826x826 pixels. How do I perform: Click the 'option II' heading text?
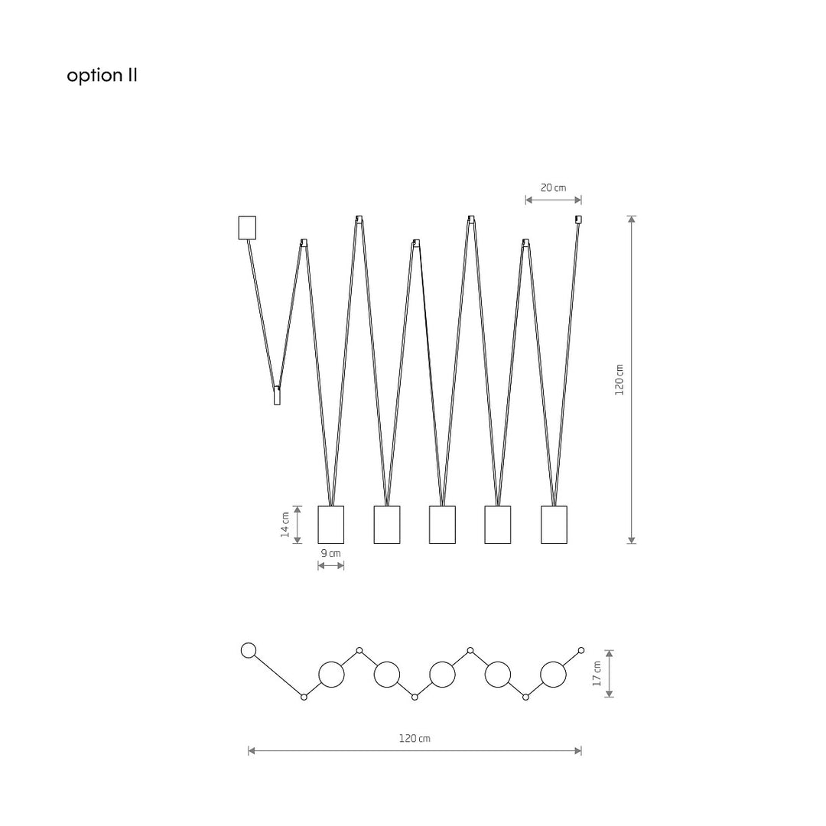click(102, 76)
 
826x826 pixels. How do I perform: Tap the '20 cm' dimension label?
click(553, 187)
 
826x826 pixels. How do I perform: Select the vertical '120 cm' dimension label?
click(619, 379)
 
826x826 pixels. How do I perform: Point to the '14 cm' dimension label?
click(285, 525)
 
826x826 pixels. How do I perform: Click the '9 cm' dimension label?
click(331, 553)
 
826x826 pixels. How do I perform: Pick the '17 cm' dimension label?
click(597, 674)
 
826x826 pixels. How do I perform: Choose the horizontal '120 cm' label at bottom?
click(415, 739)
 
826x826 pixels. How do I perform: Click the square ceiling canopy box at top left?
click(247, 228)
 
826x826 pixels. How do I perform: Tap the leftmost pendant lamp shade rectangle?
click(331, 525)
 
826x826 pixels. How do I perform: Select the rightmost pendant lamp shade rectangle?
click(554, 525)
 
